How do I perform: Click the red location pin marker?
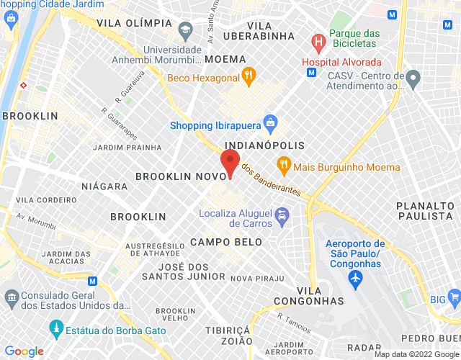point(230,163)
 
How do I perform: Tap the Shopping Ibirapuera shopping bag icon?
point(270,122)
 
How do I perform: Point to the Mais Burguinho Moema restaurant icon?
point(284,165)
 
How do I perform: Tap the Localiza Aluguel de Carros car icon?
point(283,215)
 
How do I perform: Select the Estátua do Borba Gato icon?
point(55,330)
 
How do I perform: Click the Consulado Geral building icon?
point(11,297)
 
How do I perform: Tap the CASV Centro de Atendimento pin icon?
point(413,76)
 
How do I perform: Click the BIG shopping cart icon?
point(454,296)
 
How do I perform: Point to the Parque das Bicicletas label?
point(354,37)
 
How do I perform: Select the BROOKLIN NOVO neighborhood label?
point(176,175)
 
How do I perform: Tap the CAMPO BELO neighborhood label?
point(226,242)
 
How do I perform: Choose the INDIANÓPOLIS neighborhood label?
point(259,145)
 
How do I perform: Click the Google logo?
point(24,351)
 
